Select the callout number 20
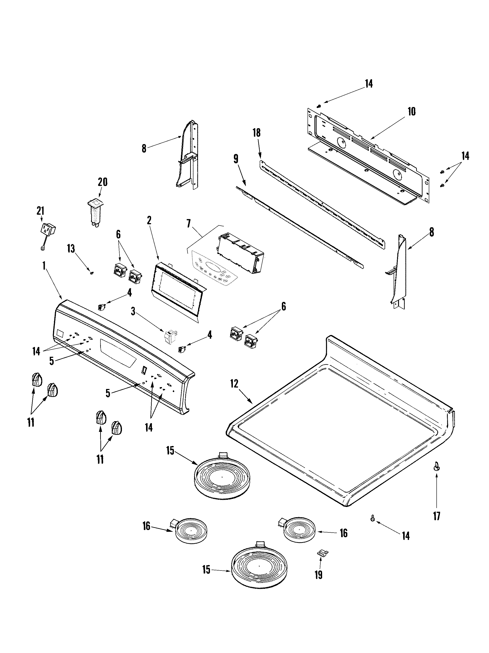tap(102, 182)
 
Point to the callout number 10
tap(411, 112)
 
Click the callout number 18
tap(256, 133)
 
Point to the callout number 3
tap(133, 311)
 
